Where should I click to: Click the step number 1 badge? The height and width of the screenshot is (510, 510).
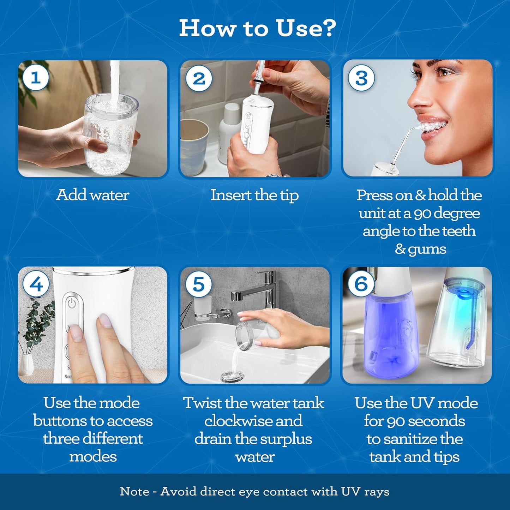(36, 78)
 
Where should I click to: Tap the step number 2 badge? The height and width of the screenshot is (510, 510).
(199, 78)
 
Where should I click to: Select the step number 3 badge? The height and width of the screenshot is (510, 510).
(361, 78)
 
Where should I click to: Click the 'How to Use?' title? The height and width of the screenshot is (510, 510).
(257, 28)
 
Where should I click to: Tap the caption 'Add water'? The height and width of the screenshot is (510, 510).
(92, 195)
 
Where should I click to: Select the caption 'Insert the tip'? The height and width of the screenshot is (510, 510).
(254, 195)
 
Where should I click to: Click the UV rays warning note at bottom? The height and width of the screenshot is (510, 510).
(254, 491)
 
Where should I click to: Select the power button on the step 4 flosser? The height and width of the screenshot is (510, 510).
(72, 303)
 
